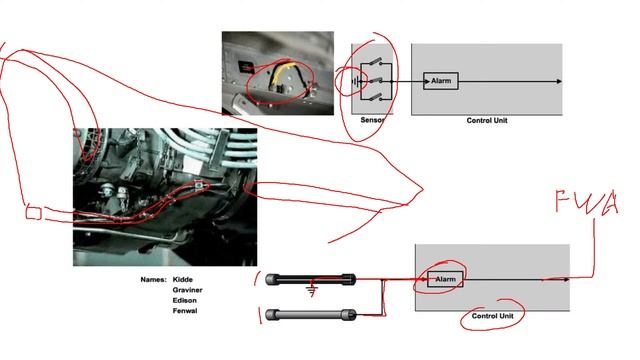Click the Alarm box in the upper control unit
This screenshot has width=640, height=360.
pyautogui.click(x=441, y=81)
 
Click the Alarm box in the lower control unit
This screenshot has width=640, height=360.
pyautogui.click(x=445, y=279)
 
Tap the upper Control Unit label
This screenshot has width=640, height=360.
pyautogui.click(x=487, y=120)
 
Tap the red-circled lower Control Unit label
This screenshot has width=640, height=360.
pyautogui.click(x=493, y=316)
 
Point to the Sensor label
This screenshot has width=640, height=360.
pyautogui.click(x=373, y=120)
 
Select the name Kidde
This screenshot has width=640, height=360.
pyautogui.click(x=182, y=280)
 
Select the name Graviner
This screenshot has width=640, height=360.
pyautogui.click(x=187, y=290)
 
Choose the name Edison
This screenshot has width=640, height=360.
pyautogui.click(x=184, y=300)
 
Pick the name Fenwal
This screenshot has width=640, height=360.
pyautogui.click(x=185, y=311)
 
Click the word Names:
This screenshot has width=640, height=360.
pyautogui.click(x=153, y=280)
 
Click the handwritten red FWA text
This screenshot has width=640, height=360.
pyautogui.click(x=587, y=202)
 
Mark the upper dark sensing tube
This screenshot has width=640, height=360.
pyautogui.click(x=310, y=280)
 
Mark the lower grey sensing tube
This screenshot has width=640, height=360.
pyautogui.click(x=310, y=315)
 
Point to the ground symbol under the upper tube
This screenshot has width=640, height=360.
pyautogui.click(x=312, y=291)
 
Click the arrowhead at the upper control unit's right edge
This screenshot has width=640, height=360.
pyautogui.click(x=559, y=81)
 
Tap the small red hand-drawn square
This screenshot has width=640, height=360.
pyautogui.click(x=33, y=213)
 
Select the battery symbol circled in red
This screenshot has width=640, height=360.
pyautogui.click(x=357, y=82)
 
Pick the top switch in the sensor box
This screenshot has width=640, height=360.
pyautogui.click(x=376, y=64)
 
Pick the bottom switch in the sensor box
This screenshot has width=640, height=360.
pyautogui.click(x=376, y=97)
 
